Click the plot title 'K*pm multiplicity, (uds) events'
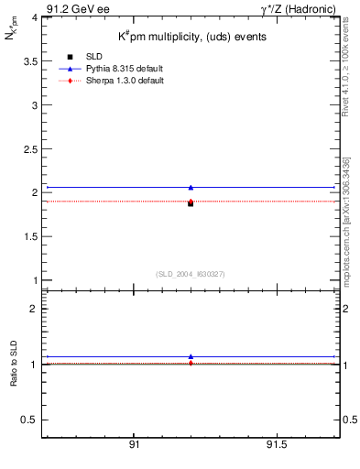191,37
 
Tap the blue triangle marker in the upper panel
191,187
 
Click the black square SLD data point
191,203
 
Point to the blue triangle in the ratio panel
191,356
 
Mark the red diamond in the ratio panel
191,364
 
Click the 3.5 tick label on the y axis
29,61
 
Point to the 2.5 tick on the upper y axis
29,148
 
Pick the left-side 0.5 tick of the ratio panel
29,420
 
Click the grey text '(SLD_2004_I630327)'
191,274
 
